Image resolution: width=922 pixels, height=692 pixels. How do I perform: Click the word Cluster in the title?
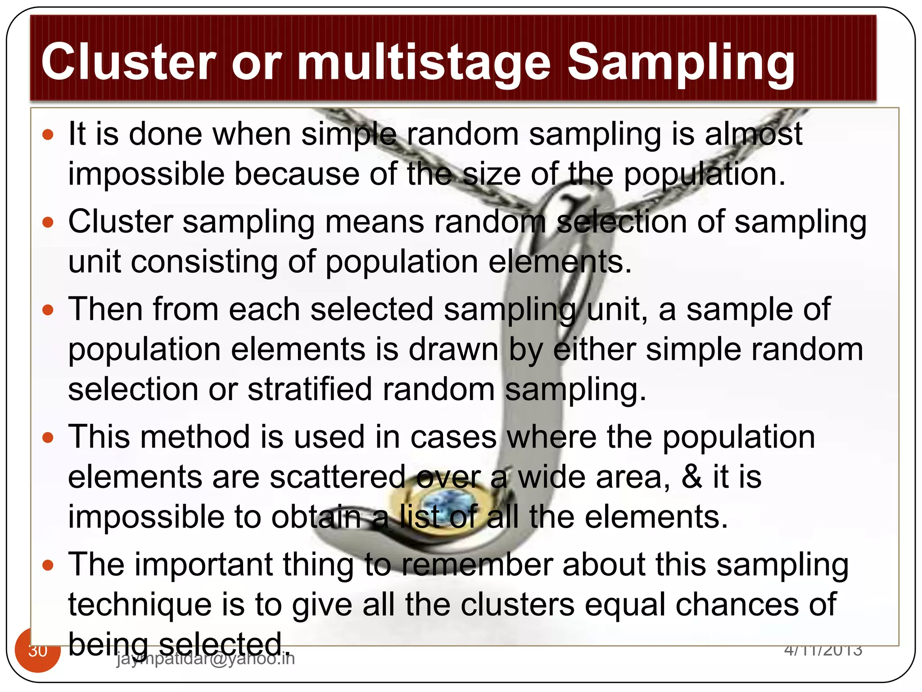[x=129, y=62]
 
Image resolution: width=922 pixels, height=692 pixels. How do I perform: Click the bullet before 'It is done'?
[x=48, y=134]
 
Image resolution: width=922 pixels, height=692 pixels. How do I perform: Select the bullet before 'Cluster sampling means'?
[x=48, y=222]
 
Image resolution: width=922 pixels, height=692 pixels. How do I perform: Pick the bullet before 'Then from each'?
[x=48, y=310]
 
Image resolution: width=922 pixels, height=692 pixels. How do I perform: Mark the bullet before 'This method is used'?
[x=48, y=437]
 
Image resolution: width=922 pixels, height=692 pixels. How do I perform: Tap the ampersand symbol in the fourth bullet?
[x=692, y=477]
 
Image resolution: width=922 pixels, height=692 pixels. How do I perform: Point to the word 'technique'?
[x=140, y=605]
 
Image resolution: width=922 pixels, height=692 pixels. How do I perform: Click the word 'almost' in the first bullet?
[x=753, y=134]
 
